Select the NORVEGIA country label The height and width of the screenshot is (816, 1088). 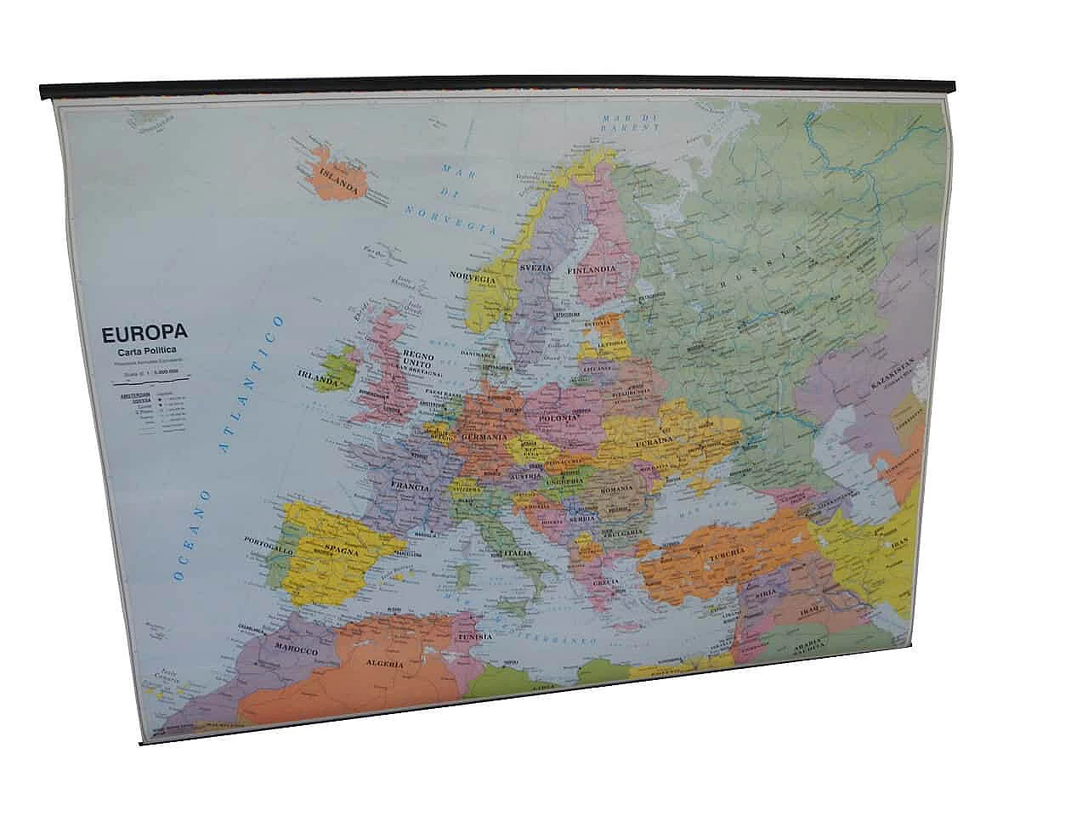pos(473,278)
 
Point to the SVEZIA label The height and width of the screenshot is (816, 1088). pos(536,268)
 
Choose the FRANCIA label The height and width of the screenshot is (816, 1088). pos(410,488)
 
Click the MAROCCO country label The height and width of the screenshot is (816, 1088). pos(296,649)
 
